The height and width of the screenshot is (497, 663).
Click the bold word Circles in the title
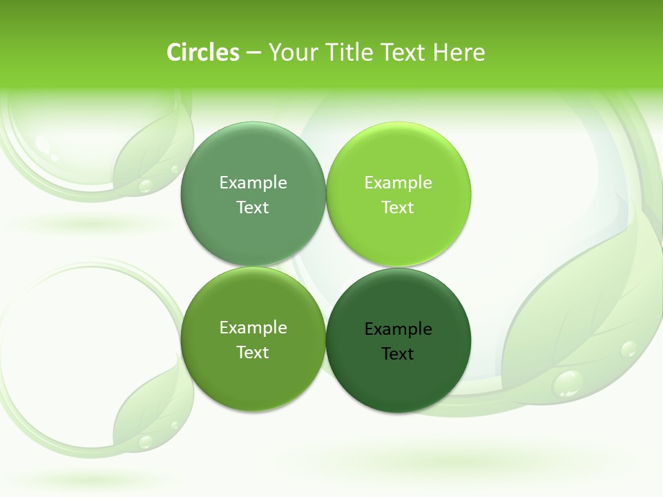(202, 52)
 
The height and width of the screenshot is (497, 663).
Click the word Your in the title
(290, 52)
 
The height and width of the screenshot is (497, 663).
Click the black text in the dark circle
(398, 341)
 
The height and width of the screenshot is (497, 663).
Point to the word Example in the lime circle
(398, 182)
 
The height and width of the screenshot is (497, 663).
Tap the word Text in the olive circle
(253, 352)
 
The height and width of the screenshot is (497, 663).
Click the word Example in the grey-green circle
(253, 182)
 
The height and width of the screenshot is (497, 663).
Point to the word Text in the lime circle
(398, 207)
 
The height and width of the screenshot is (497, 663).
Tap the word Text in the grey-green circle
(253, 207)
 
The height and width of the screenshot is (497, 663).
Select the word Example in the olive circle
(253, 327)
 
